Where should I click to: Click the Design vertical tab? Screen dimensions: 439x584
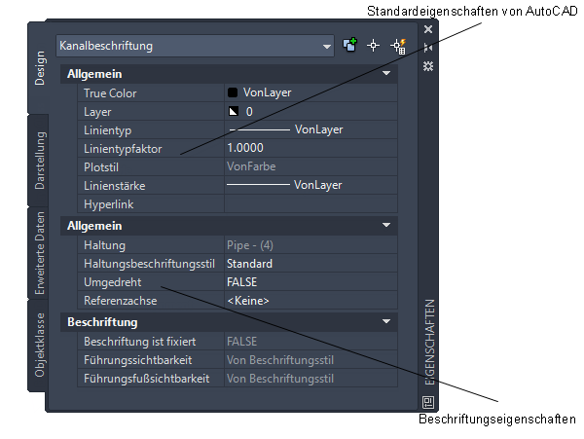coord(40,68)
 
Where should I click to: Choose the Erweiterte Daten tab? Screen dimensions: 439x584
coord(40,252)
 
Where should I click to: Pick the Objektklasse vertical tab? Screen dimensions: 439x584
coord(40,345)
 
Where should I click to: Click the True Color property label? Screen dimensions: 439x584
coord(110,93)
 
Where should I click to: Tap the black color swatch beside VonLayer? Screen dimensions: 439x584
coord(233,93)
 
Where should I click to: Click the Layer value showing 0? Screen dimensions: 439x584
coord(250,112)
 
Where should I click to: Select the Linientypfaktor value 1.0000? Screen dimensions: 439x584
coord(244,148)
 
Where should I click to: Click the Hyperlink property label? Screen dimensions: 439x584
coord(108,204)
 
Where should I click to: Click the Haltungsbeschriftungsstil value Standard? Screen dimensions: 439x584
coord(249,263)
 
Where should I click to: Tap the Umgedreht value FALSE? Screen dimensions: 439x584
coord(242,281)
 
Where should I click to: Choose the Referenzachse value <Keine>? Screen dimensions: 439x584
coord(248,301)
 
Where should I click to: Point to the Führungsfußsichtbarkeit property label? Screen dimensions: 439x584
coord(146,378)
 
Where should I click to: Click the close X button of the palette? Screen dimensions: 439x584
coord(428,30)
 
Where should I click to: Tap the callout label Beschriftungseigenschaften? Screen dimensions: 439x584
coord(497,420)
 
